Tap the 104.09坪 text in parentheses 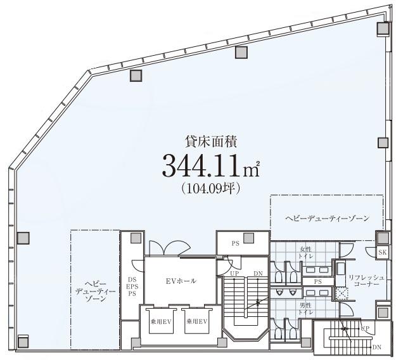tap(210, 188)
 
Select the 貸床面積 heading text tap(211, 142)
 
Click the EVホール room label tap(181, 281)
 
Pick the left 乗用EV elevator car tap(161, 322)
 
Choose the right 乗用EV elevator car tap(197, 322)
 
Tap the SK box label tap(382, 253)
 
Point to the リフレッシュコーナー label tap(366, 281)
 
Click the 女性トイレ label tap(305, 253)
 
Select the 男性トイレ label tap(305, 309)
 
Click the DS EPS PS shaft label tap(132, 286)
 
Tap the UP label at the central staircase tap(234, 274)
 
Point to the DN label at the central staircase tap(258, 274)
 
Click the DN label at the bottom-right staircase tap(377, 347)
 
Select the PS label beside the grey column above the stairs tap(235, 244)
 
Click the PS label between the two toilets tap(317, 281)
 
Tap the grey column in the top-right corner tap(383, 29)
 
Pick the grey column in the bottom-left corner tap(23, 342)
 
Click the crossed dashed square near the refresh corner tap(342, 293)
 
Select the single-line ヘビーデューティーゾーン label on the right tap(328, 218)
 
